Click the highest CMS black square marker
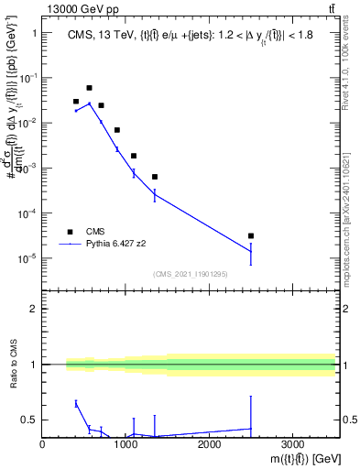pyautogui.click(x=89, y=88)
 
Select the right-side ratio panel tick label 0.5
pyautogui.click(x=348, y=420)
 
